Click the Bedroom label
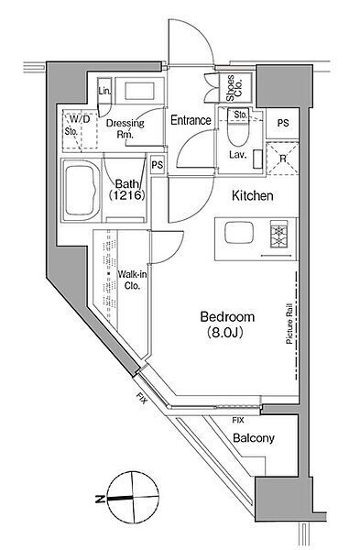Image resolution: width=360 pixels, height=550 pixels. click(227, 317)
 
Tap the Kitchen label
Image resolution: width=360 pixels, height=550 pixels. click(253, 196)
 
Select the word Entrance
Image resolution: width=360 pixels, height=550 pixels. click(191, 120)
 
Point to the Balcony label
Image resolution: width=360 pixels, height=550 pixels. click(254, 438)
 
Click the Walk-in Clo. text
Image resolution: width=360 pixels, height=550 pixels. click(132, 280)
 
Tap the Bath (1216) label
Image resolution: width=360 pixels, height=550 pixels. click(126, 189)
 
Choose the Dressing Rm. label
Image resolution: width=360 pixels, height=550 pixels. click(125, 128)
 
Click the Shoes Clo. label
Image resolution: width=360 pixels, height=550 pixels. click(235, 88)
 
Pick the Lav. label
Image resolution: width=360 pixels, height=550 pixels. click(238, 154)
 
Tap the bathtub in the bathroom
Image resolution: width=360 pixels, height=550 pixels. click(81, 191)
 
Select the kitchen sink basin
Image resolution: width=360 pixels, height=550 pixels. click(239, 233)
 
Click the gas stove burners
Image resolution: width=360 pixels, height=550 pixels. click(279, 234)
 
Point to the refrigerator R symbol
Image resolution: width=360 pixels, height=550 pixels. click(282, 159)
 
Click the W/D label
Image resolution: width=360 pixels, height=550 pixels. click(80, 119)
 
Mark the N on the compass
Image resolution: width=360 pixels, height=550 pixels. click(100, 498)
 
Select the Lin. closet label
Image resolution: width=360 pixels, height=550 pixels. click(104, 91)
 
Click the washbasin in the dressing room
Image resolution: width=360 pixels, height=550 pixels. click(139, 91)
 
